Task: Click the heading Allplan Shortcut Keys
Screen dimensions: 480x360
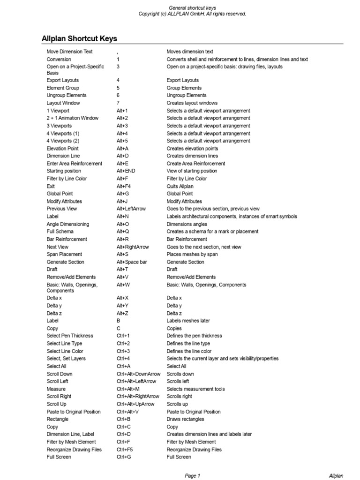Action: click(79, 38)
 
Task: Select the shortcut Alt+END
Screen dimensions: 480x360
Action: click(126, 171)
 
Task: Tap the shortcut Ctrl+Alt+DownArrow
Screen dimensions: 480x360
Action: click(138, 374)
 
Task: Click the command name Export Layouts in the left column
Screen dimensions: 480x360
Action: click(63, 80)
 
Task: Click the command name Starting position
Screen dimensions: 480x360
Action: click(64, 171)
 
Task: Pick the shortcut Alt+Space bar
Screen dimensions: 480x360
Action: click(132, 262)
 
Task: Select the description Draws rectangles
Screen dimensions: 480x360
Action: click(185, 419)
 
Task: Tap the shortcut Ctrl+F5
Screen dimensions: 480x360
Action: click(125, 450)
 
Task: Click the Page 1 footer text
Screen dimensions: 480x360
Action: click(192, 476)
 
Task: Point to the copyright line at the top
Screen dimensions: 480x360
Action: click(192, 14)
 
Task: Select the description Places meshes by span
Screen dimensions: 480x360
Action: click(192, 255)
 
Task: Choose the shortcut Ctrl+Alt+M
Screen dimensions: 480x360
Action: click(128, 389)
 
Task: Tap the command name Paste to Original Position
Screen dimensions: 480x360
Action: click(74, 412)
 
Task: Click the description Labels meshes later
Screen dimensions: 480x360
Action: click(188, 321)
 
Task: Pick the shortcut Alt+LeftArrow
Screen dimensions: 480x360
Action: click(131, 209)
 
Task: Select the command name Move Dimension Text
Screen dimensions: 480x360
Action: click(70, 52)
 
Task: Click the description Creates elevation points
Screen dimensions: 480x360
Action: click(192, 149)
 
